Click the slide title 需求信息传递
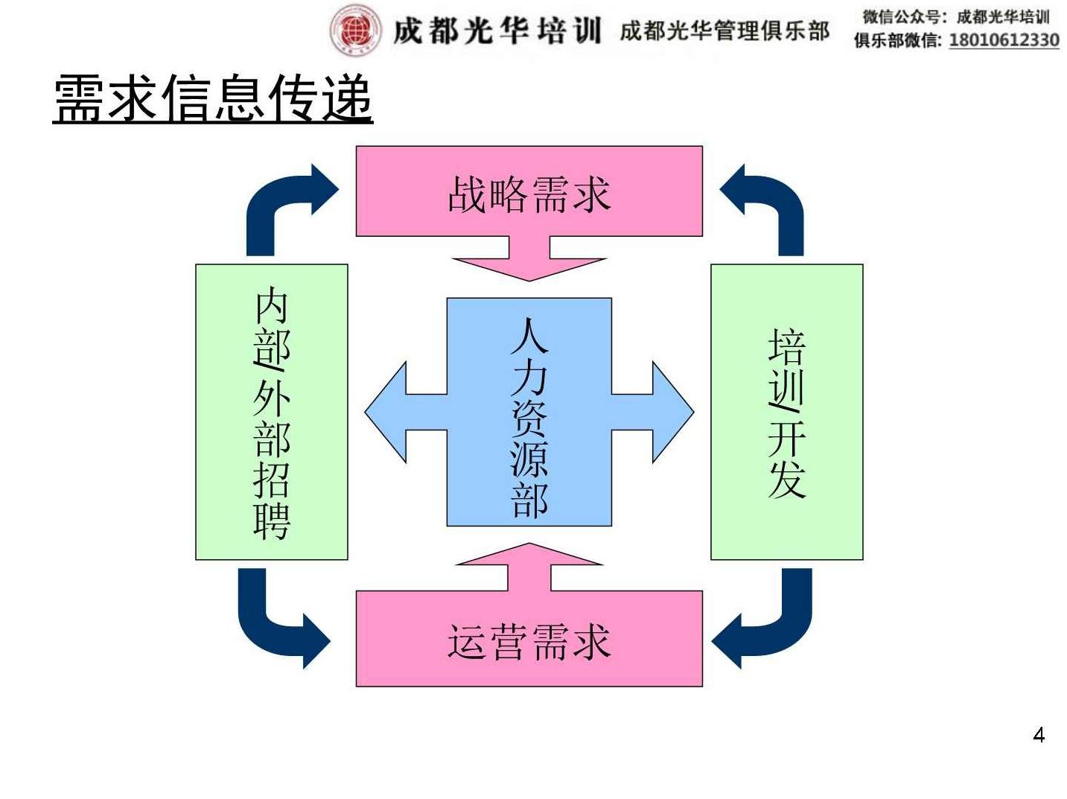213,98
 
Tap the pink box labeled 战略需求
529,191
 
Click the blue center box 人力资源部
529,412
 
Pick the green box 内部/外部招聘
271,412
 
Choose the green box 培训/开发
786,412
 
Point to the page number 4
1039,735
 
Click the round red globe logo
355,31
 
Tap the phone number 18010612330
1003,40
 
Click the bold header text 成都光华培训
497,31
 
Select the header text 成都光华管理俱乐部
724,31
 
